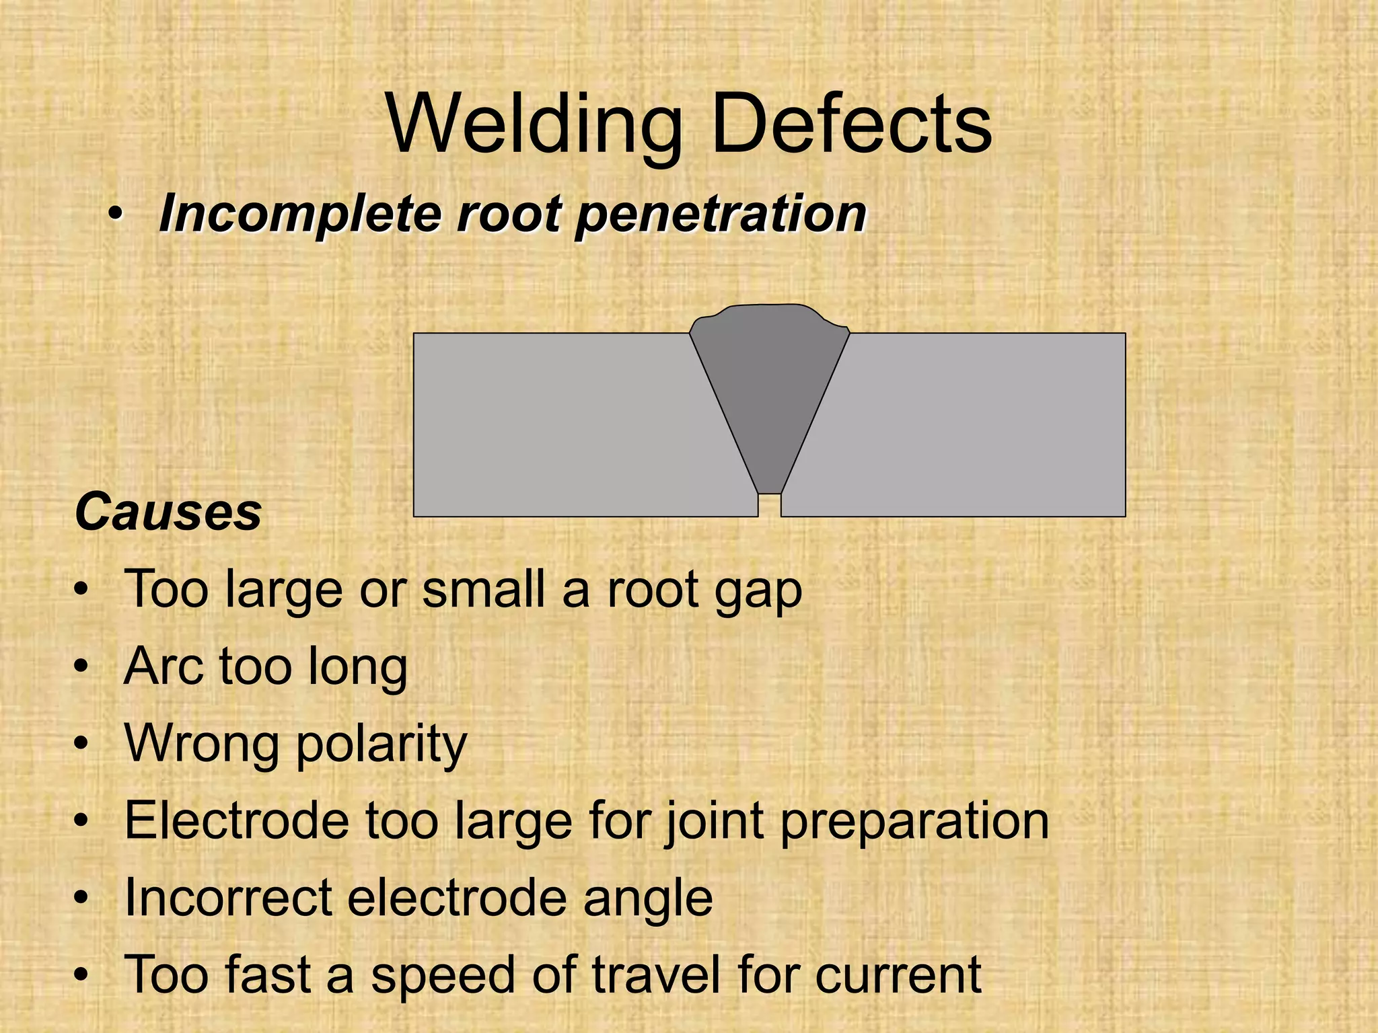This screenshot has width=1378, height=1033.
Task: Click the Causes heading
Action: (168, 512)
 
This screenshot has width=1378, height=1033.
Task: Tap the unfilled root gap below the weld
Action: (769, 506)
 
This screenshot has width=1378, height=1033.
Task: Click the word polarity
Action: (382, 744)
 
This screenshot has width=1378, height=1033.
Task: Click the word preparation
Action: (914, 822)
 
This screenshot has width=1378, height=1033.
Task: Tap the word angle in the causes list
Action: (647, 899)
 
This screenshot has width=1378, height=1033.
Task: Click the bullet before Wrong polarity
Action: (81, 744)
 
